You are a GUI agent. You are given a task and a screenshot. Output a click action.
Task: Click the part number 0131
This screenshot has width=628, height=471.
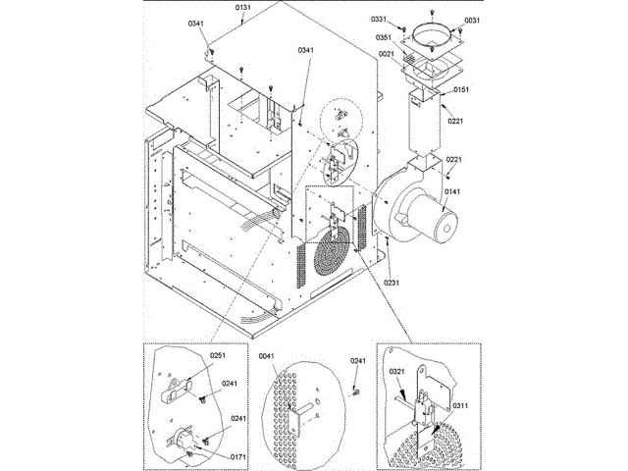[243, 8]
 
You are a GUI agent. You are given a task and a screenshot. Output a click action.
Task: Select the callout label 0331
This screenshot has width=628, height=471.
[380, 20]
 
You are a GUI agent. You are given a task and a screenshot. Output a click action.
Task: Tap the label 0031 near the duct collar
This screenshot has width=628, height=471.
[472, 21]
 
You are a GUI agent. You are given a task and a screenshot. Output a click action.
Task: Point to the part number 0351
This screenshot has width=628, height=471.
[385, 38]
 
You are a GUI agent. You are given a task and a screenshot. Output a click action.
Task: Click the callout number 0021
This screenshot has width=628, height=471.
[386, 54]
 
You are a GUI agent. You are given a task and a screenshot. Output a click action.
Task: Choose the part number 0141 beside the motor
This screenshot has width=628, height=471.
[453, 192]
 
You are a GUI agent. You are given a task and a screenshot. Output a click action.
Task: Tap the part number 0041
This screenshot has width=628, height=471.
[267, 356]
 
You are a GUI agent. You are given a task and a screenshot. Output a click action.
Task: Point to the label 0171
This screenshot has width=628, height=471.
[238, 456]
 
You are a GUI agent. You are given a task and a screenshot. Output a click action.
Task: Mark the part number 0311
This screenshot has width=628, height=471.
[460, 405]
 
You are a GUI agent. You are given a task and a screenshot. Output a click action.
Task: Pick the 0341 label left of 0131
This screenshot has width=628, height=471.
[196, 23]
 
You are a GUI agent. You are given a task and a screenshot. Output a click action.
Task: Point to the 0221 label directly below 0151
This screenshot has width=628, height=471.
[455, 121]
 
